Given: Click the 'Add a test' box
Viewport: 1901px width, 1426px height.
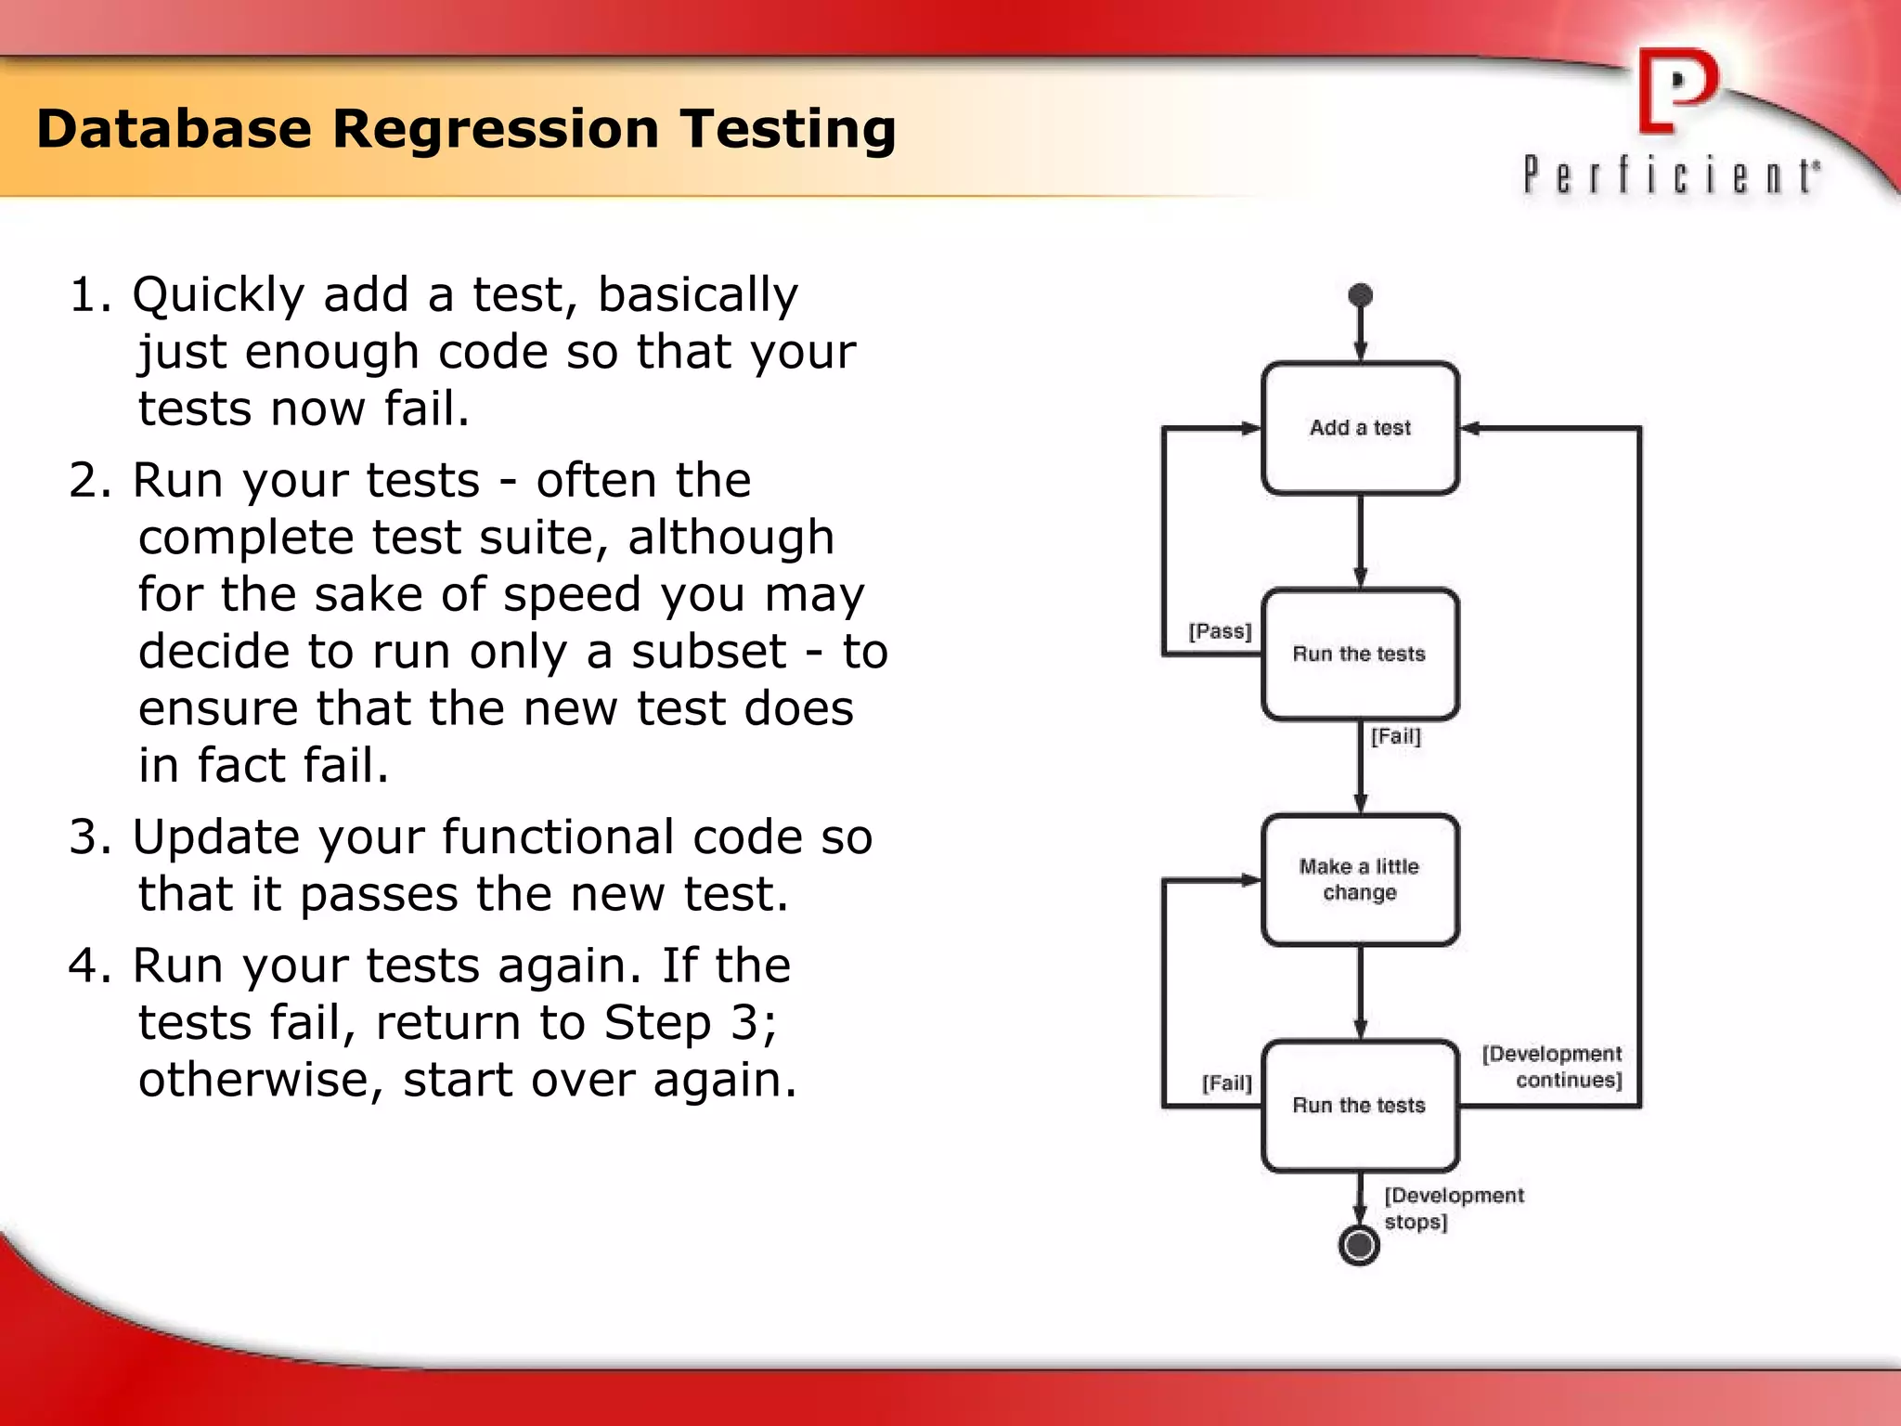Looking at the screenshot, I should pyautogui.click(x=1360, y=428).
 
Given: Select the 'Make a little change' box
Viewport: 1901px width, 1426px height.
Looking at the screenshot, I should pyautogui.click(x=1360, y=879).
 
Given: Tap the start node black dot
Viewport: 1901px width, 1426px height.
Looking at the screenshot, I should pyautogui.click(x=1360, y=295).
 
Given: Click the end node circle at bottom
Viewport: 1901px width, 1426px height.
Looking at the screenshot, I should pyautogui.click(x=1359, y=1245).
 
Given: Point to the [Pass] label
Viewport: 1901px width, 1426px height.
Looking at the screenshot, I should pyautogui.click(x=1220, y=631).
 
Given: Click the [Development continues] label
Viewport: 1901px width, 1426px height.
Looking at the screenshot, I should pyautogui.click(x=1553, y=1067).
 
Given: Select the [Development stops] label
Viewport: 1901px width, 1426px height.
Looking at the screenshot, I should pyautogui.click(x=1452, y=1208).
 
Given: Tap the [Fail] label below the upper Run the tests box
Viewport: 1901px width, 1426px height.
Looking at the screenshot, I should pyautogui.click(x=1395, y=736).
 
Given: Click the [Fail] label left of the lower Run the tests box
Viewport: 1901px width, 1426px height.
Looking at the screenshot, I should pyautogui.click(x=1226, y=1082).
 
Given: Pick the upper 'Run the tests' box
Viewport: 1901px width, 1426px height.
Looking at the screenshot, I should pyautogui.click(x=1360, y=654).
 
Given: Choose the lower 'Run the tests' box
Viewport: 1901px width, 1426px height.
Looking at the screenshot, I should pyautogui.click(x=1360, y=1105).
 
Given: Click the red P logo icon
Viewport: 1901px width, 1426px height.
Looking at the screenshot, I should pyautogui.click(x=1676, y=91).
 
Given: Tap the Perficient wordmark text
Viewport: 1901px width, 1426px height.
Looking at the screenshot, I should pyautogui.click(x=1671, y=175).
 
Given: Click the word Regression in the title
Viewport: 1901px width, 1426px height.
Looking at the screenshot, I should pyautogui.click(x=496, y=129).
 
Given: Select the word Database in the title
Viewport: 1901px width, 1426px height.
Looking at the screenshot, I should pyautogui.click(x=174, y=129).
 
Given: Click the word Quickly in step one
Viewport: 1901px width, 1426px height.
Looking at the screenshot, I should pyautogui.click(x=218, y=295).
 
